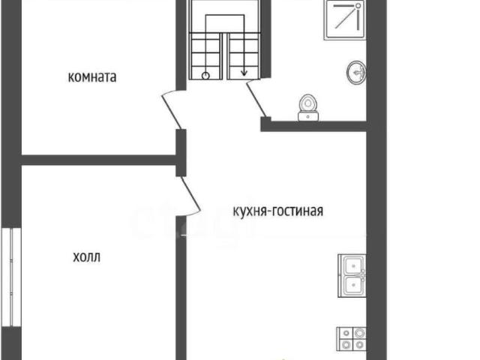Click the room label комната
[x=92, y=76]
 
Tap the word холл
[x=86, y=257]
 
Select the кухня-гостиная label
[x=277, y=211]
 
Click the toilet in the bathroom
[x=307, y=106]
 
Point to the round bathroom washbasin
[x=357, y=72]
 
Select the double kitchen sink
[x=352, y=274]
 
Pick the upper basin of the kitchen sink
[x=352, y=265]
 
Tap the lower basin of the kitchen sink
[x=352, y=285]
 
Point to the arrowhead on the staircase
[x=244, y=73]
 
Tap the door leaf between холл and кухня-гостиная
[x=190, y=193]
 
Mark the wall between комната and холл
[x=97, y=160]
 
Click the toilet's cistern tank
[x=308, y=115]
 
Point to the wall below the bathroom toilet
[x=315, y=125]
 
